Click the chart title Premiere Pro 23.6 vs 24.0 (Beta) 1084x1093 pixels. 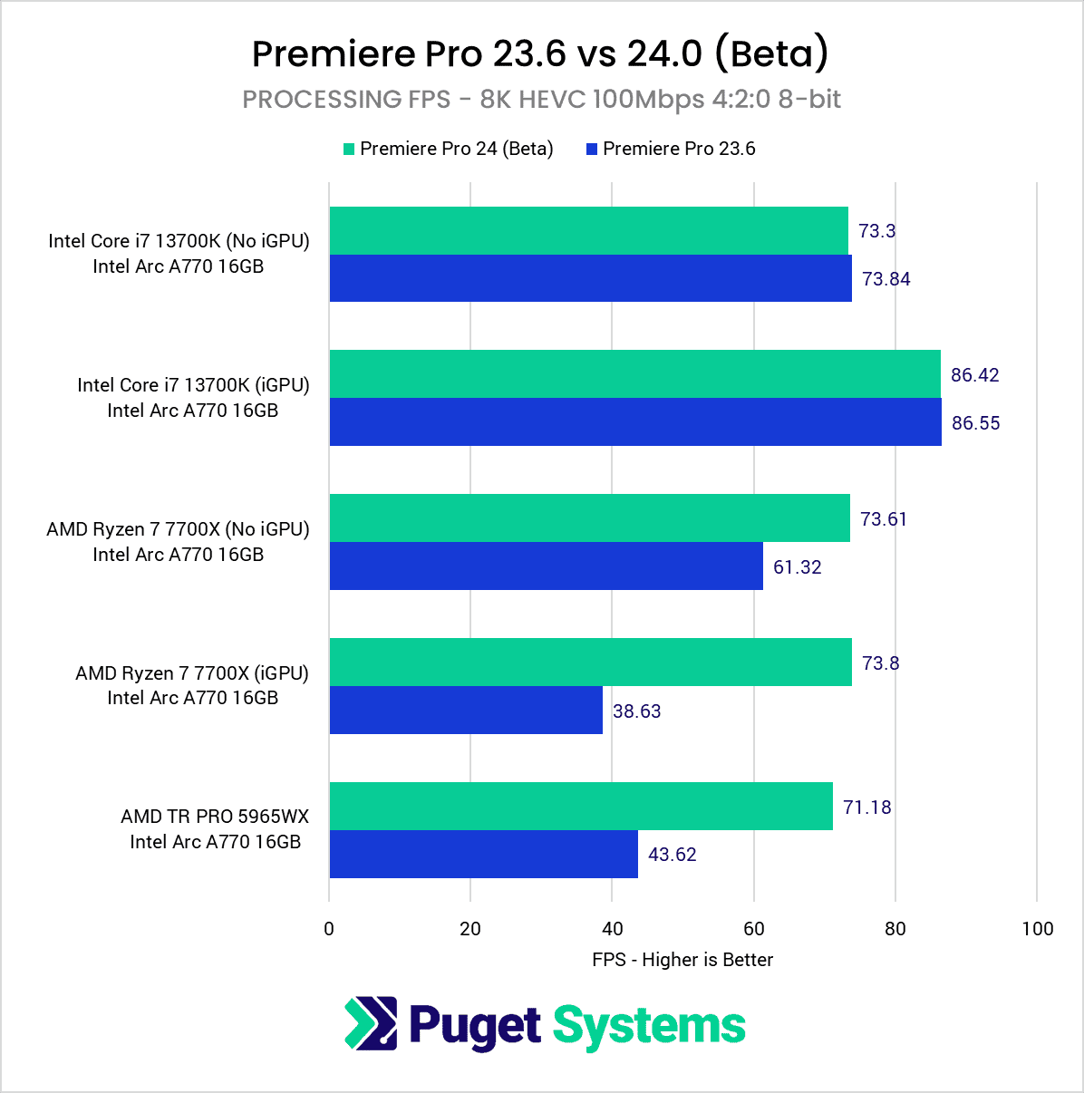[x=540, y=53]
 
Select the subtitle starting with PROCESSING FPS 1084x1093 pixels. [x=541, y=100]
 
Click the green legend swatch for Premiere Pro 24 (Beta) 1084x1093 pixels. [x=349, y=150]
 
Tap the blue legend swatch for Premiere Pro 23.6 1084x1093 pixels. [x=592, y=150]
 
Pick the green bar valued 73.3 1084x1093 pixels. [x=588, y=231]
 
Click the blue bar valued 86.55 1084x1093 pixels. [x=634, y=422]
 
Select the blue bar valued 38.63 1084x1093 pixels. [x=466, y=711]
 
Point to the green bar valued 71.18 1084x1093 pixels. [x=580, y=807]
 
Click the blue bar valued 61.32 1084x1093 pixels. [x=546, y=566]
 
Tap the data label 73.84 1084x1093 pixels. [x=886, y=279]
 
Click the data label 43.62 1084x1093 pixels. [x=672, y=855]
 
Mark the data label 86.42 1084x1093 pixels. [x=974, y=375]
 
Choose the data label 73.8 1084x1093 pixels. [x=880, y=663]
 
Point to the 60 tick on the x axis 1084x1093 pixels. [x=753, y=929]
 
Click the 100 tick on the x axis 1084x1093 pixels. [x=1037, y=929]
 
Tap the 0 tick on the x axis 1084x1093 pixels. [x=329, y=929]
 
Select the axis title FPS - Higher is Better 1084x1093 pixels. [x=682, y=960]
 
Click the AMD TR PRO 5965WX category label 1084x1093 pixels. [x=215, y=817]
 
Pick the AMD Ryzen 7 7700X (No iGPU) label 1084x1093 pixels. [x=178, y=529]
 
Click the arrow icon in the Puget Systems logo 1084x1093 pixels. [x=371, y=1024]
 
